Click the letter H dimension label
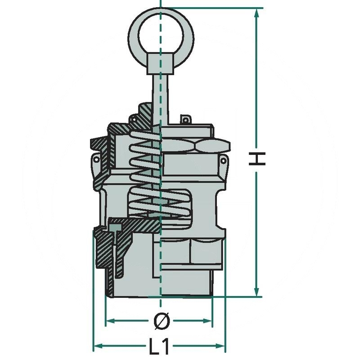coord(257,158)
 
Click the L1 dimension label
coord(159,346)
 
